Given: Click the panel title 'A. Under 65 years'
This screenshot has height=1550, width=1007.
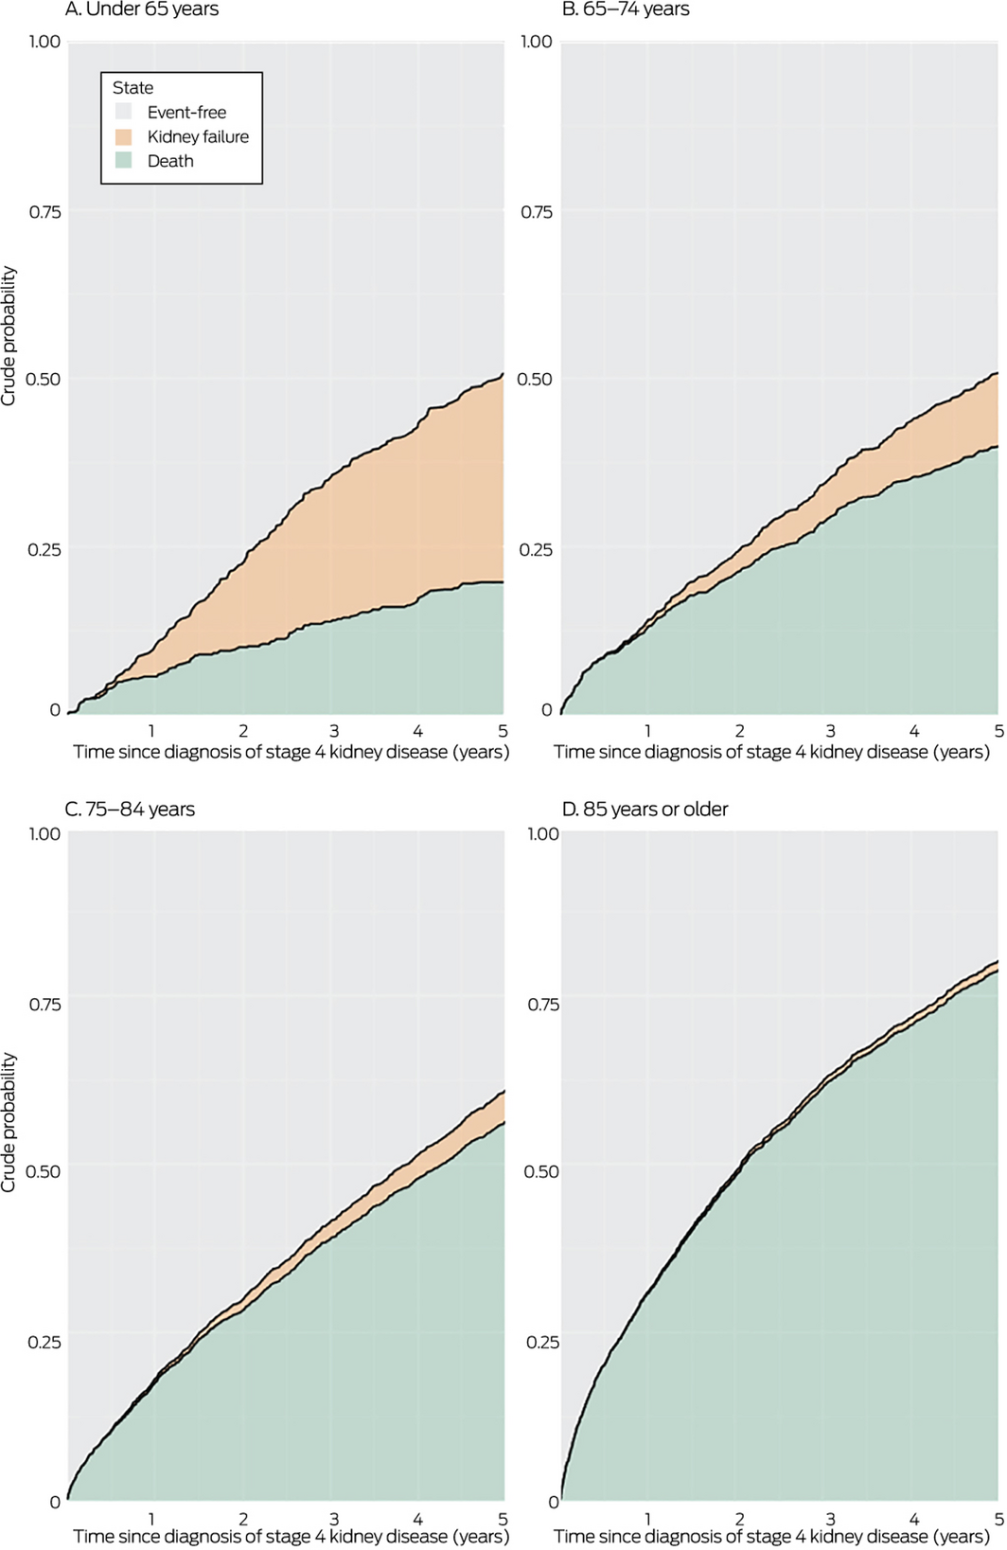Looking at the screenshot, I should point(142,10).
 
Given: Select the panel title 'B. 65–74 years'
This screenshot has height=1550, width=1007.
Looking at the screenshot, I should point(626,10).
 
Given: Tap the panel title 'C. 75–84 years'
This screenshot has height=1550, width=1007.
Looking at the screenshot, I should point(130,810).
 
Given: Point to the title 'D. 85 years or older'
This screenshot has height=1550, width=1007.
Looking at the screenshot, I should point(645,810).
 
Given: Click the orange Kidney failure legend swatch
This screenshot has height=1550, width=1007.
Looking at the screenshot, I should point(124,137).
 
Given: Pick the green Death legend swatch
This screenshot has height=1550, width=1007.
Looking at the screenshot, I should point(124,161).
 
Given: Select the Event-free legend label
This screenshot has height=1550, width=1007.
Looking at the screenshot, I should point(186,113).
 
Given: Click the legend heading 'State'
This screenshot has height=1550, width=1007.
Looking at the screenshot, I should point(132,88).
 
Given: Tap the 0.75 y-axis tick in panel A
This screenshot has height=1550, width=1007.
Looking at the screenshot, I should point(44,212).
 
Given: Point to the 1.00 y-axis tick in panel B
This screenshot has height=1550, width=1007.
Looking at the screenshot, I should point(537,42).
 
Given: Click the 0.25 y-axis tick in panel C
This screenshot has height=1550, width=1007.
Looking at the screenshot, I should point(44,1342).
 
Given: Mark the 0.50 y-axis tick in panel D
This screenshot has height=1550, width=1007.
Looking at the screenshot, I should point(541,1171).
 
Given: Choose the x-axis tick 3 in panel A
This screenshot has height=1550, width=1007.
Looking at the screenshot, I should point(334,731).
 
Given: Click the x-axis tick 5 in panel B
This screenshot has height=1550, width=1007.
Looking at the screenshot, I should point(998,731).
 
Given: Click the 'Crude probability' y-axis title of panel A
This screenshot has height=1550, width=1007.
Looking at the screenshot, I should point(9,336).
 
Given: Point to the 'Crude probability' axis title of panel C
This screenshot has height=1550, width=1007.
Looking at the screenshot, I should point(9,1122).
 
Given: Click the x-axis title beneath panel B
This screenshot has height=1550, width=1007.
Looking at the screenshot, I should point(771,753).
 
